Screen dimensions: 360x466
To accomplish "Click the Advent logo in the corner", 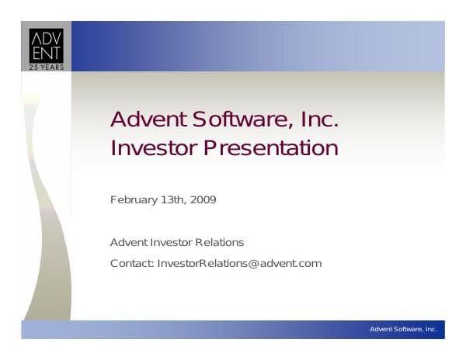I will tap(46, 46).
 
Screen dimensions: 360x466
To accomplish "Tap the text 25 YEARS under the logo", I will tap(46, 66).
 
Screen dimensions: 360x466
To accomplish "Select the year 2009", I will tap(204, 200).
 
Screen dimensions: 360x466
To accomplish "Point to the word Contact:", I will tap(132, 263).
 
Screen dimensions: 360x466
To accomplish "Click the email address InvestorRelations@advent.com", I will tap(239, 263).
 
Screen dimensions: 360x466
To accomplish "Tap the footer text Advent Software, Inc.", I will tap(403, 330).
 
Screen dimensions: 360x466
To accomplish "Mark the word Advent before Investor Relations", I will tap(127, 243).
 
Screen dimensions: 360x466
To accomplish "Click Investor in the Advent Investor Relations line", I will tap(171, 243).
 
